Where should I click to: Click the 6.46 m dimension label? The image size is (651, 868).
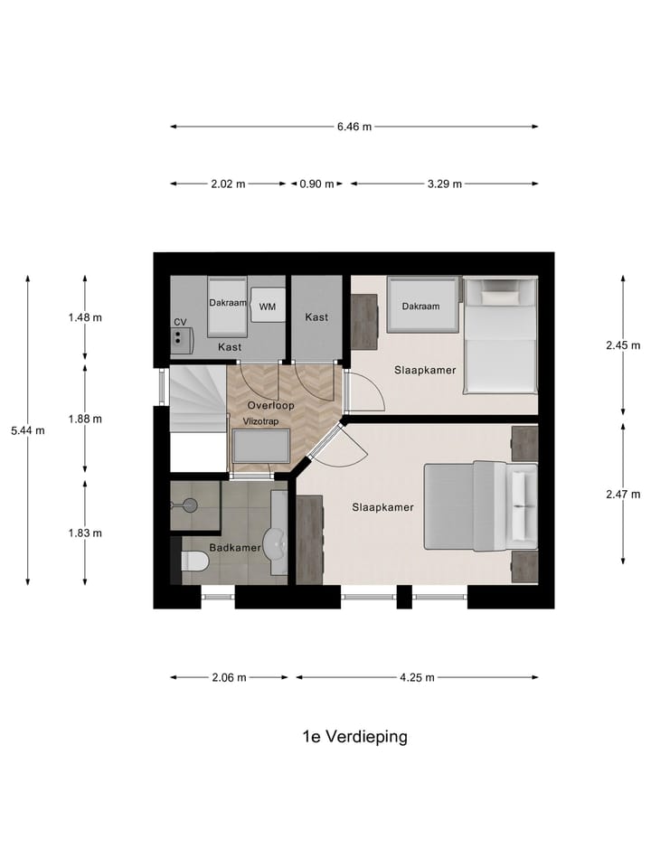pos(354,127)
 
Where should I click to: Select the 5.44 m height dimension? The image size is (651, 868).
pos(27,430)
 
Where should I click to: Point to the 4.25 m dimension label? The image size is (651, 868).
pos(418,677)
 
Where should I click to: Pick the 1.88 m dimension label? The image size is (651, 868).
pos(85,419)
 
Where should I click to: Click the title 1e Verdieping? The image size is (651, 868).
pos(354,736)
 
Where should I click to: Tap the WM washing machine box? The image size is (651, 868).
pos(267,307)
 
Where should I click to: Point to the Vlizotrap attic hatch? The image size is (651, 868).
pos(261,448)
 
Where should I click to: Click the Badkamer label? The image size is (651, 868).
pos(235,548)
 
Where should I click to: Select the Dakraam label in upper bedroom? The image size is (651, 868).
pos(420,307)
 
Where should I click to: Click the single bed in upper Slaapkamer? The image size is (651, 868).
pos(500,335)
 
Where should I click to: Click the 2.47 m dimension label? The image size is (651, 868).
pos(622,494)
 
